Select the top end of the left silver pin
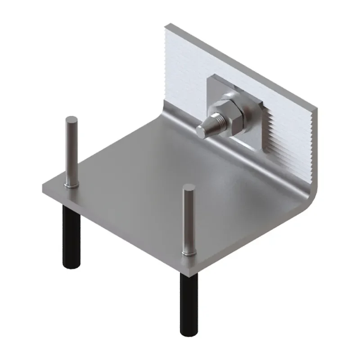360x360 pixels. [x=72, y=120]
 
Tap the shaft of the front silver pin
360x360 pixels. [x=189, y=220]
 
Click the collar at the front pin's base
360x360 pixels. [x=189, y=254]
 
